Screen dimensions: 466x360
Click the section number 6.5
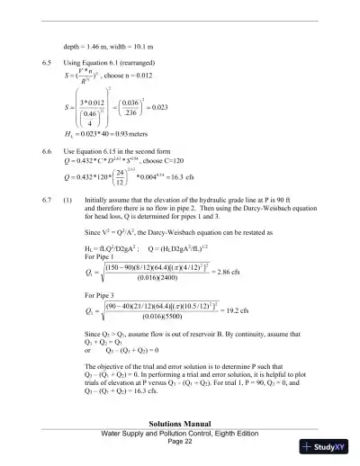48,63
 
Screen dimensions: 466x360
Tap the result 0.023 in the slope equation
183,115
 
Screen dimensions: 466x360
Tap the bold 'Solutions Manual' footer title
180,422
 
